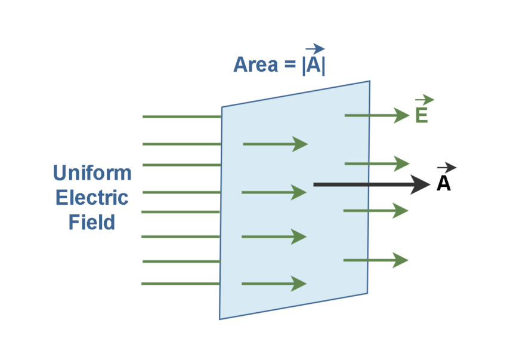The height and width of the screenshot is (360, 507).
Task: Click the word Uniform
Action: (92, 173)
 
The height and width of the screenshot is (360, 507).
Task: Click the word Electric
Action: (92, 198)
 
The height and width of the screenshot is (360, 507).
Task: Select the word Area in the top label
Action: (255, 64)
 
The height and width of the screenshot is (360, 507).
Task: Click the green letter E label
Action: (421, 115)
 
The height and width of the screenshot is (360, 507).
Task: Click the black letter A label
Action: (443, 184)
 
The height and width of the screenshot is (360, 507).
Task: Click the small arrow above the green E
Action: (424, 100)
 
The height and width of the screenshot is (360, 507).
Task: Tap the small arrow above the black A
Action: (446, 168)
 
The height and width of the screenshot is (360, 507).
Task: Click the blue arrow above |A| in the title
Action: (314, 49)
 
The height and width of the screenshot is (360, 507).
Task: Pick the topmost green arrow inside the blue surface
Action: (275, 144)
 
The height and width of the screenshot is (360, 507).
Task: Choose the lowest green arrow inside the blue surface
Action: (274, 284)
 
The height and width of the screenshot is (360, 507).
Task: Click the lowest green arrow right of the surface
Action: (375, 260)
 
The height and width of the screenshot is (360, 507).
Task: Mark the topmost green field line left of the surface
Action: (181, 116)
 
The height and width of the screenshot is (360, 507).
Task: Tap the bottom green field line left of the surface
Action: (181, 284)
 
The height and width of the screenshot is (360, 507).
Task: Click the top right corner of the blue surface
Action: (369, 82)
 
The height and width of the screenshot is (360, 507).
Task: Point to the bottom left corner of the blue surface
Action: (220, 318)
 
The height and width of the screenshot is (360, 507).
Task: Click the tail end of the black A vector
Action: (315, 184)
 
